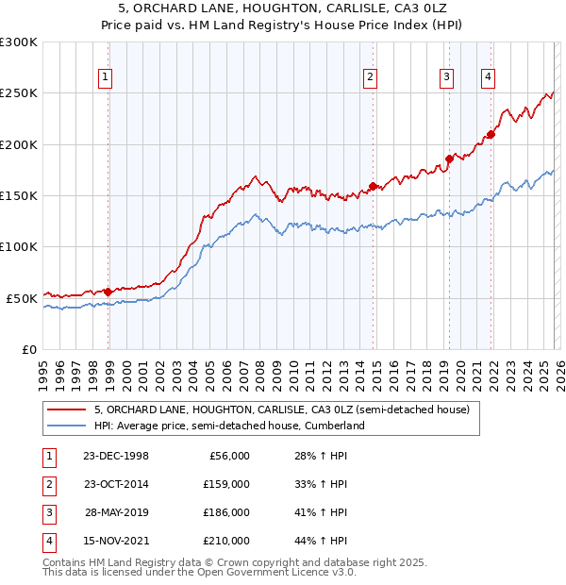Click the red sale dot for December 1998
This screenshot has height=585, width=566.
pyautogui.click(x=108, y=292)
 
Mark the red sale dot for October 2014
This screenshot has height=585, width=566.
pyautogui.click(x=374, y=186)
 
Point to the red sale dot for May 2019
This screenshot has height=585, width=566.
pyautogui.click(x=450, y=159)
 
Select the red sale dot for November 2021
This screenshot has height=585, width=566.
pyautogui.click(x=491, y=134)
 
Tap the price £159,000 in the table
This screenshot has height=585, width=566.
pyautogui.click(x=227, y=484)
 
